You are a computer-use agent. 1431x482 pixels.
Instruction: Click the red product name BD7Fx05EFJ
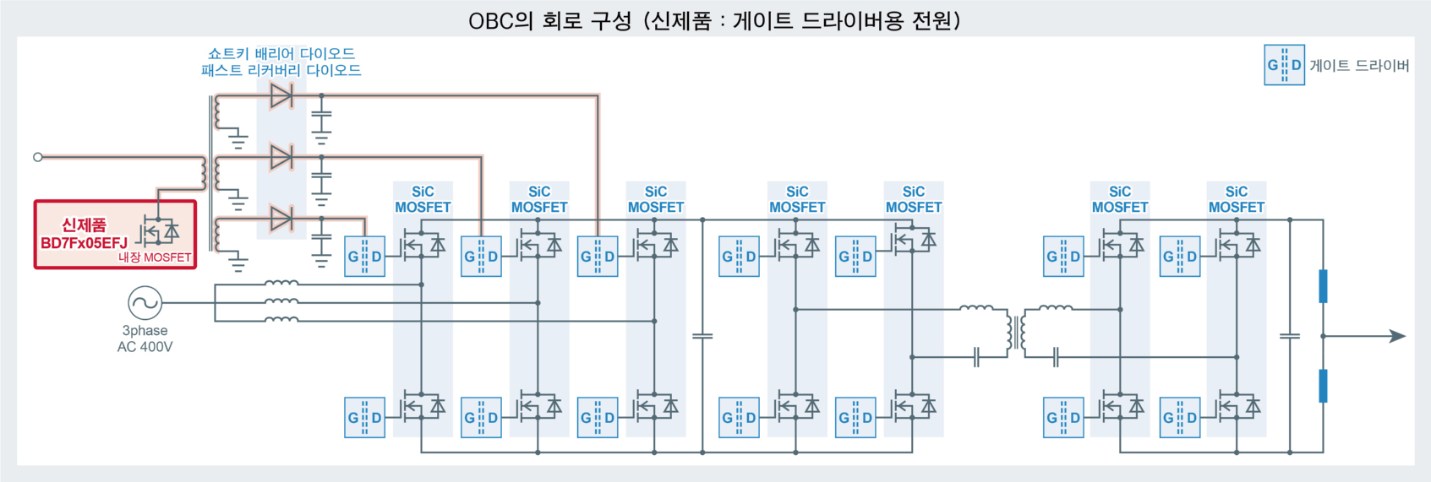(x=84, y=243)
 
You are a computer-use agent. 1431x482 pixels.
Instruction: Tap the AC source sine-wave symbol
(x=145, y=302)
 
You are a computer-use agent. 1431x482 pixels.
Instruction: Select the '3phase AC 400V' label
(x=145, y=338)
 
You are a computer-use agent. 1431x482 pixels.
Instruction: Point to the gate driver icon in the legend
(x=1284, y=65)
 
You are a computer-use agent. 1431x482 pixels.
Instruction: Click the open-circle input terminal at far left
(x=37, y=157)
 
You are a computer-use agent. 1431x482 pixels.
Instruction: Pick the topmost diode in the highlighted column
(x=281, y=95)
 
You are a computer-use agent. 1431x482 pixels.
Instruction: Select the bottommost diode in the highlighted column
(x=281, y=219)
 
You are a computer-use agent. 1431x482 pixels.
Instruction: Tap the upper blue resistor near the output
(x=1323, y=286)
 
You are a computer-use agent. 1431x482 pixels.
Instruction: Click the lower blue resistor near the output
(x=1323, y=386)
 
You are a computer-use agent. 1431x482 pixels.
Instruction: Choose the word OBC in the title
(x=490, y=20)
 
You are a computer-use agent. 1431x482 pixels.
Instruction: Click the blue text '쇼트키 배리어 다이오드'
(x=281, y=54)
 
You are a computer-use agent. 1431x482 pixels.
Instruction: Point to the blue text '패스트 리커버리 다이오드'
(x=281, y=71)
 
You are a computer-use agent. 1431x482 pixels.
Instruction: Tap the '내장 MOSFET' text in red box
(x=155, y=257)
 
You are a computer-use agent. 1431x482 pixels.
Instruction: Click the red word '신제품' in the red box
(x=84, y=225)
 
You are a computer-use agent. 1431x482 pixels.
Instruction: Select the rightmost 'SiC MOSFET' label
(x=1236, y=199)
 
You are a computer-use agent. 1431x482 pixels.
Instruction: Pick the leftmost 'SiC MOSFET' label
(x=423, y=199)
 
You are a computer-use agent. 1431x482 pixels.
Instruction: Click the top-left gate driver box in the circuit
(x=365, y=257)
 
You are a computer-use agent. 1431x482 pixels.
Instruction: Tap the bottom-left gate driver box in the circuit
(x=365, y=418)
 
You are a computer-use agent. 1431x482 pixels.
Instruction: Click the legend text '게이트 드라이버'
(x=1359, y=66)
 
